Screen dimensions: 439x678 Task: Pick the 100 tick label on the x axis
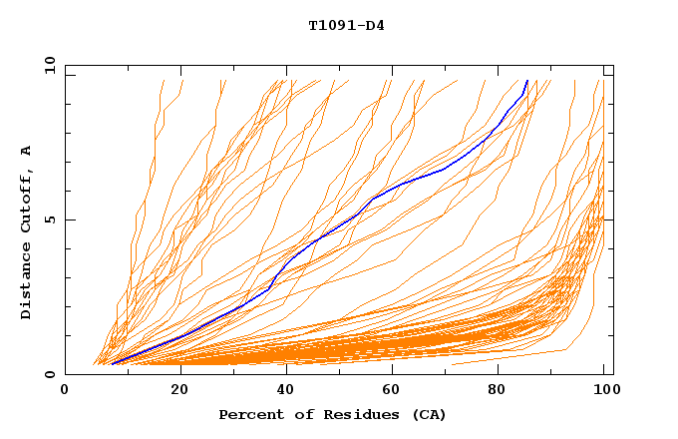[x=605, y=390]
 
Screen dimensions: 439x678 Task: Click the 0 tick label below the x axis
[x=65, y=390]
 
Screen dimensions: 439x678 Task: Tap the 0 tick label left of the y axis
[x=50, y=375]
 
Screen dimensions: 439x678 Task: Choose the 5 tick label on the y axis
[x=50, y=219]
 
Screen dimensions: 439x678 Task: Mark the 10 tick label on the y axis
[x=47, y=65]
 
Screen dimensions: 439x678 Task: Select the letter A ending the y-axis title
[x=27, y=150]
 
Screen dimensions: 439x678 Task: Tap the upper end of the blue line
[x=526, y=80]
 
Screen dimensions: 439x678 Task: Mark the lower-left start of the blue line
[x=113, y=364]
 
